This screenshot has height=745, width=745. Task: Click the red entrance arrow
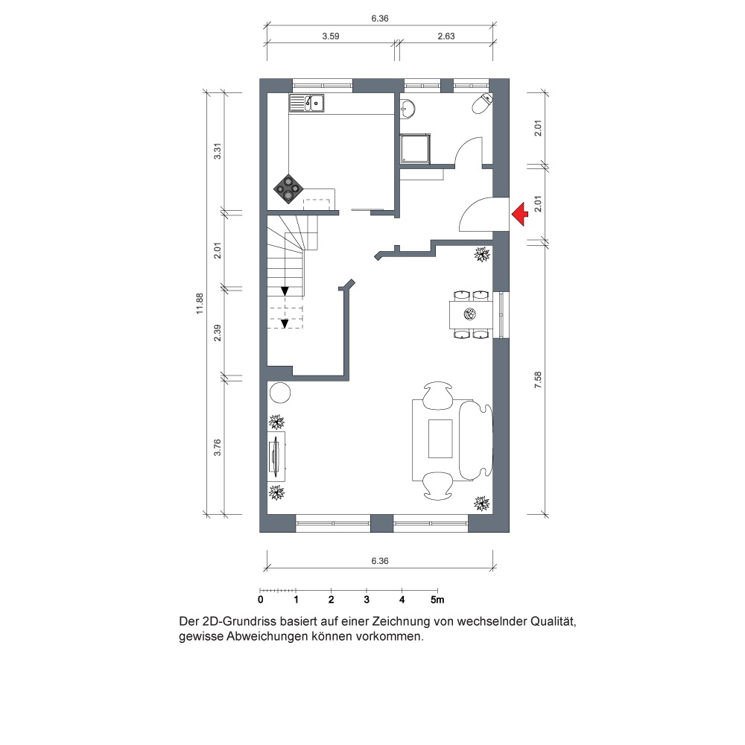pos(520,215)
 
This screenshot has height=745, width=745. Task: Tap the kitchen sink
pos(306,103)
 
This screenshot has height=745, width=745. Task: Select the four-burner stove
pos(288,188)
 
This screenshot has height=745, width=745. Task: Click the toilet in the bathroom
pos(482,104)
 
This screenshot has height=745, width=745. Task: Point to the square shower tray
pos(416,148)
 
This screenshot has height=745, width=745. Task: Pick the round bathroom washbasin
pos(408,108)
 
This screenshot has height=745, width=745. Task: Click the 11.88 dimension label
pos(200,304)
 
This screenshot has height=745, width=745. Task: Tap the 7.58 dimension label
pos(538,380)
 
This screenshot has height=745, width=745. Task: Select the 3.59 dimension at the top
pos(331,36)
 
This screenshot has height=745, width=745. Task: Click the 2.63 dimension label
pos(446,36)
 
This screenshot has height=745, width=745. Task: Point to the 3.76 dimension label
pos(217,447)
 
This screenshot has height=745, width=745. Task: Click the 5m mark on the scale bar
pos(437,600)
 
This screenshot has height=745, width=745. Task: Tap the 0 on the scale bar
pos(260,600)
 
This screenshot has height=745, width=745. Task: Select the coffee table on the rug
pos(440,439)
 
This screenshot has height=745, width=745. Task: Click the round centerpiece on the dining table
pos(469,314)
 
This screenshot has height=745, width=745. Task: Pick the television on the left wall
pos(275,457)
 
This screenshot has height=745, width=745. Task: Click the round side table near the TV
pos(280,393)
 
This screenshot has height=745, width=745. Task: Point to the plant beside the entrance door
pos(483,255)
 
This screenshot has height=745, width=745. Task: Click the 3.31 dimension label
pos(217,151)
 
